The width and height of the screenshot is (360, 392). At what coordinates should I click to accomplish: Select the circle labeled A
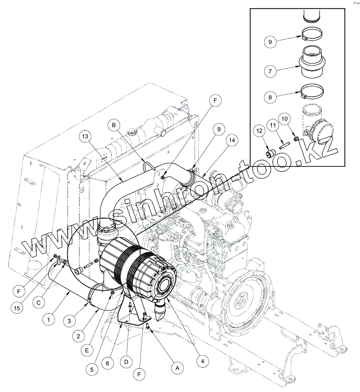click(176, 366)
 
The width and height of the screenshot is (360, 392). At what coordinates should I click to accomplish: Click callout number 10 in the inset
click(285, 118)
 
